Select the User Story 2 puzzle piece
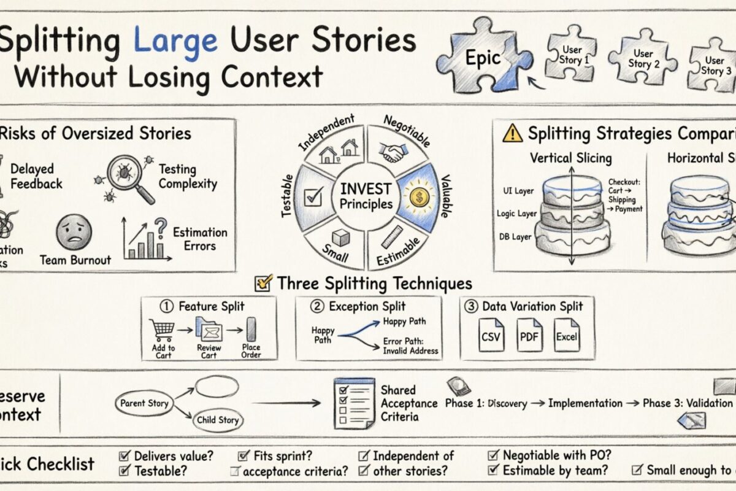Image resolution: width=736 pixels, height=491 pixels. click(x=642, y=59)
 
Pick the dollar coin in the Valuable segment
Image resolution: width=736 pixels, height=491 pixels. click(x=419, y=198)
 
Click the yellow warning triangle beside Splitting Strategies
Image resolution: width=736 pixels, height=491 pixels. click(x=512, y=133)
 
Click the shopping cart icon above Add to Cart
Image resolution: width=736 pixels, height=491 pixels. click(x=163, y=330)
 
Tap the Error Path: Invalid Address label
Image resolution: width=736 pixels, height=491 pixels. click(x=410, y=347)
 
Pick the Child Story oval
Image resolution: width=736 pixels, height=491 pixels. click(x=217, y=420)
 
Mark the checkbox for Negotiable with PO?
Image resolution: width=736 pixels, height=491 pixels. click(x=493, y=455)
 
